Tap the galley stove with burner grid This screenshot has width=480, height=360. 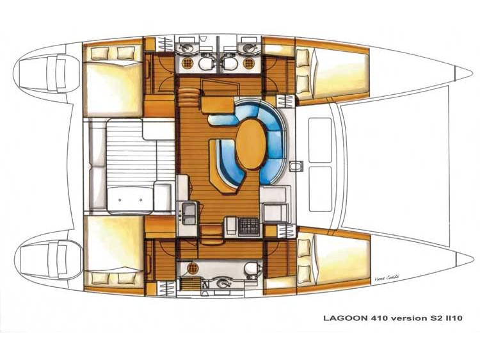[249, 226]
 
